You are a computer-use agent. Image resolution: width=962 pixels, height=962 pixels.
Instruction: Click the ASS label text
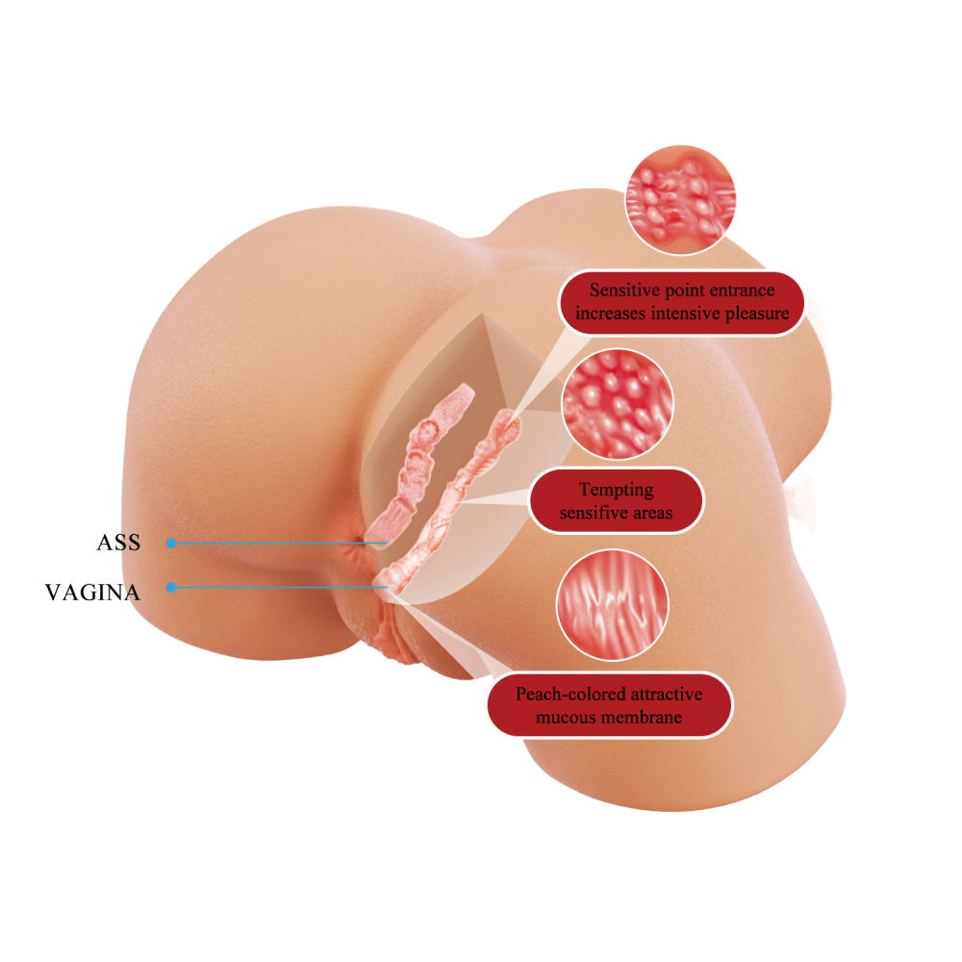118,543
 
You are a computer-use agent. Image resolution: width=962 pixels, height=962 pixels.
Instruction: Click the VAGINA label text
92,592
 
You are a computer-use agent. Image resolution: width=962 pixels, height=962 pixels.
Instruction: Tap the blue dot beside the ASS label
171,543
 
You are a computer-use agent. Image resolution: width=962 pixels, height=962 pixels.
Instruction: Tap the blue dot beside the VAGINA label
171,588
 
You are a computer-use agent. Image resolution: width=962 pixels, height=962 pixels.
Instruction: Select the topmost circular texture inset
680,200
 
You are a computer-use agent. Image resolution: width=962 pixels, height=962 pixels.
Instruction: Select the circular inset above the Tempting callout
618,404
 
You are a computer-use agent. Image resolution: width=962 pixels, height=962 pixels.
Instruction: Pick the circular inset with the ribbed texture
612,605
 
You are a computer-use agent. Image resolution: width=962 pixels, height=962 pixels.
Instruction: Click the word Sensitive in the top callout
623,290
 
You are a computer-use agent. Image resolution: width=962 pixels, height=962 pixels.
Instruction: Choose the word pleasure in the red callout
758,315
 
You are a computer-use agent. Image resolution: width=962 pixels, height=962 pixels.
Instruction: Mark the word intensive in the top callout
685,313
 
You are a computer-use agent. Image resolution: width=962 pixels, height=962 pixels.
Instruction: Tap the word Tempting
617,491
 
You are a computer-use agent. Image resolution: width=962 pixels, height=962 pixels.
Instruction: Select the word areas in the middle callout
649,513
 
